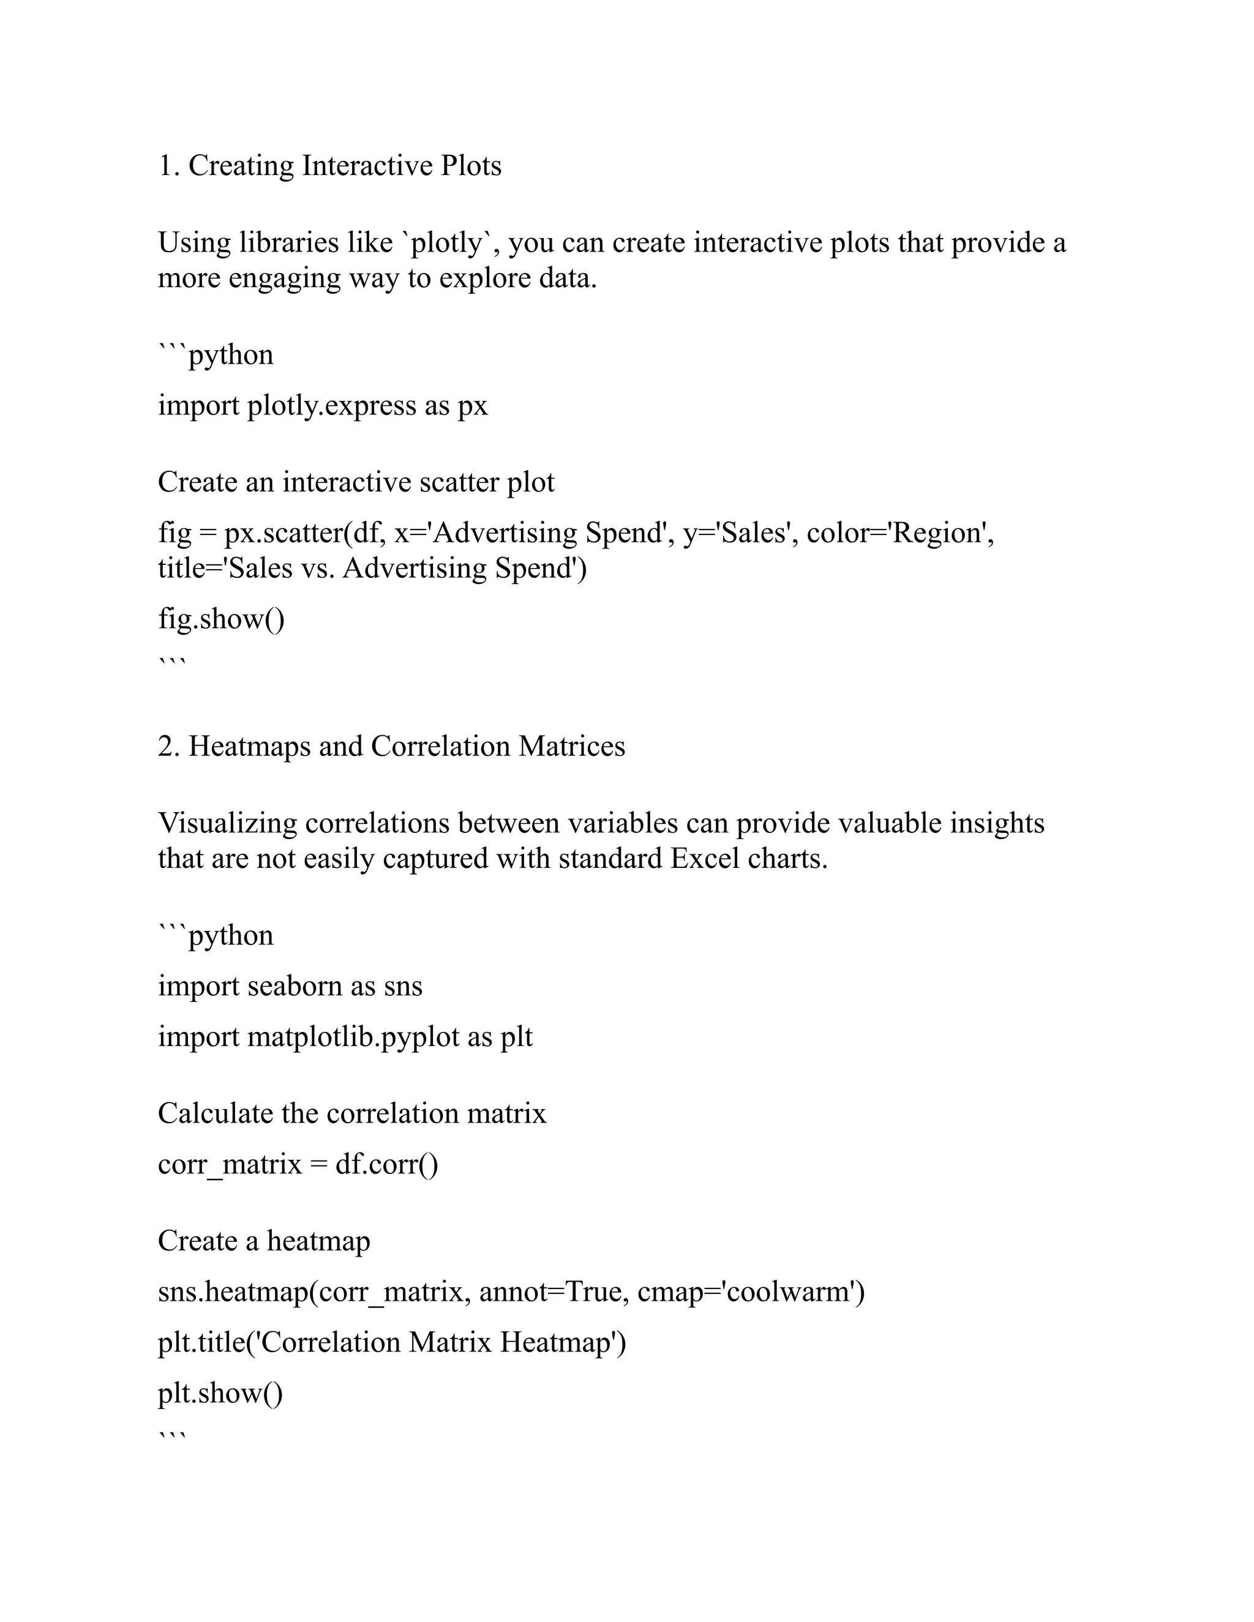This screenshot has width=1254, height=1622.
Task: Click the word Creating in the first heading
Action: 241,166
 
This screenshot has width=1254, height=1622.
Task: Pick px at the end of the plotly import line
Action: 473,406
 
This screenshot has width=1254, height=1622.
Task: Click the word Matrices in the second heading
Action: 572,746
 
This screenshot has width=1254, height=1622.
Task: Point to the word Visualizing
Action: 227,824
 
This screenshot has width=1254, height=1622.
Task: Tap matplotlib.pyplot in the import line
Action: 353,1037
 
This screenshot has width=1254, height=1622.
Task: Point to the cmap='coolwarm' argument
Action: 750,1292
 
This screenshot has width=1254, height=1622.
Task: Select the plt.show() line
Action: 220,1393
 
